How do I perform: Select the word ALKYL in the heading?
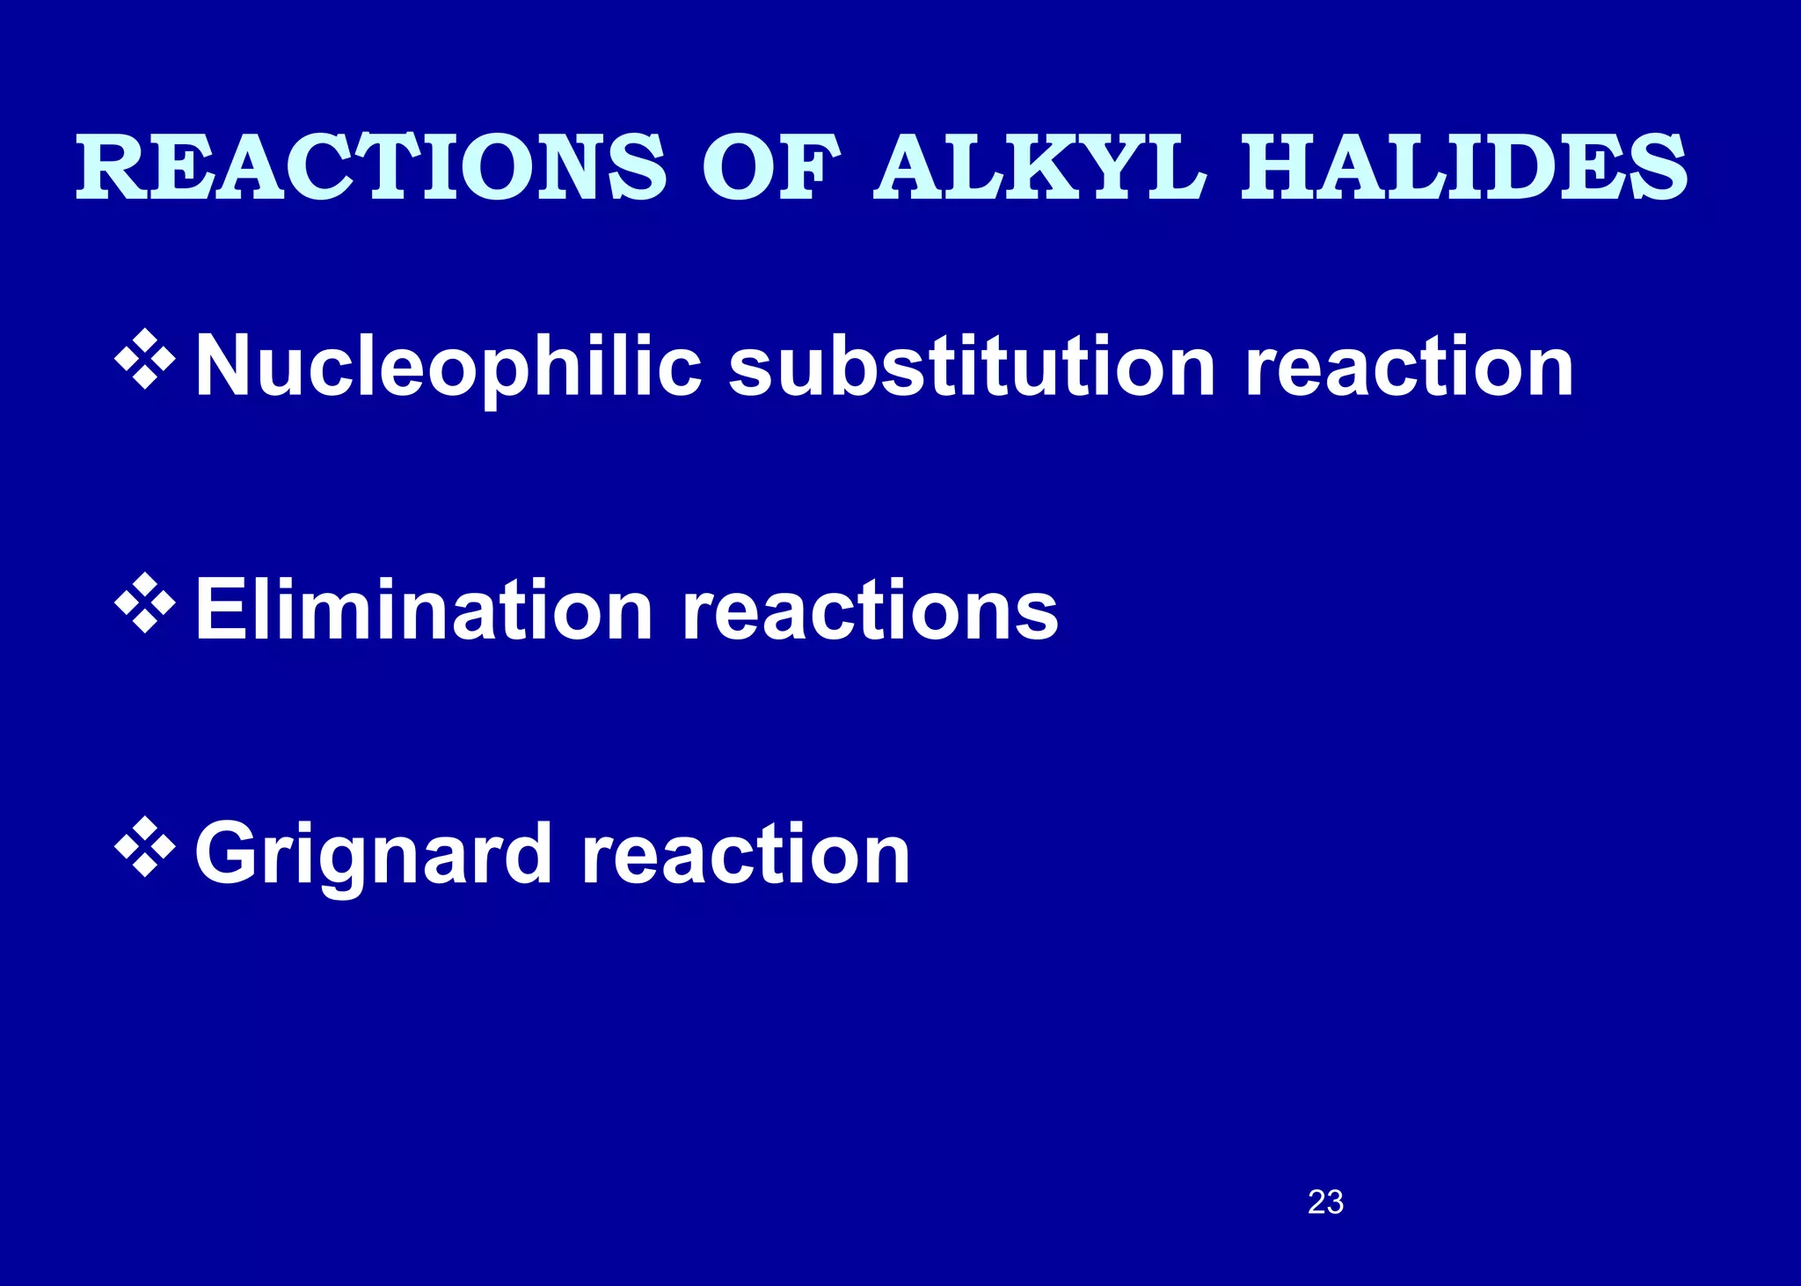[x=1039, y=167]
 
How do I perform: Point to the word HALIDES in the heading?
[x=1463, y=167]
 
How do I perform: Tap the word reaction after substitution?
[x=1409, y=367]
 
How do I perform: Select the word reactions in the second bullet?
[x=870, y=611]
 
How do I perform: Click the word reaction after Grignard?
[x=746, y=853]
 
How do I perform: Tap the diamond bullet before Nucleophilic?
[x=144, y=360]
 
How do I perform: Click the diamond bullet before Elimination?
[x=144, y=604]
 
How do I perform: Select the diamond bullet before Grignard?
[x=144, y=848]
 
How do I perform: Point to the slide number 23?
[x=1325, y=1202]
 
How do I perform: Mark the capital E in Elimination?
[x=216, y=610]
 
